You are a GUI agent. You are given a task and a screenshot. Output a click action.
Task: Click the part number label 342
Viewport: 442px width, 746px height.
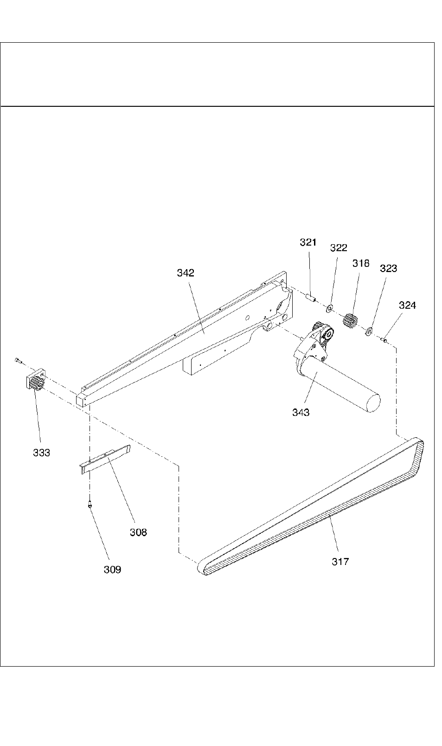pyautogui.click(x=185, y=273)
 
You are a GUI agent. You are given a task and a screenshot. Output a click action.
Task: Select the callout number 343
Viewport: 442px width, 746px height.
pyautogui.click(x=301, y=412)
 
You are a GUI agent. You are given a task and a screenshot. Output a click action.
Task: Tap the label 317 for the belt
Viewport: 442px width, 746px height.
pyautogui.click(x=340, y=561)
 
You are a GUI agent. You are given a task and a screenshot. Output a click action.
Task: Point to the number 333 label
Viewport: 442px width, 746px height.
pyautogui.click(x=41, y=453)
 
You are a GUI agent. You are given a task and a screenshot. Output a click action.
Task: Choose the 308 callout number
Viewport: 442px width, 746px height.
pyautogui.click(x=138, y=532)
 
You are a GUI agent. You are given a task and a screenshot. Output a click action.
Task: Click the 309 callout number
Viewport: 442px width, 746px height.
pyautogui.click(x=112, y=570)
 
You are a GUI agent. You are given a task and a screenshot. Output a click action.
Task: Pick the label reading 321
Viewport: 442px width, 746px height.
pyautogui.click(x=307, y=242)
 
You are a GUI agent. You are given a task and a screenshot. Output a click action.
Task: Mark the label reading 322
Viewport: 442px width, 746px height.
pyautogui.click(x=339, y=248)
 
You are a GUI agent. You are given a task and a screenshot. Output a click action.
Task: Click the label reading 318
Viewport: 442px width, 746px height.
pyautogui.click(x=360, y=263)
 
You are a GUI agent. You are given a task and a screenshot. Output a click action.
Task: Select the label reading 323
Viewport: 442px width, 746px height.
pyautogui.click(x=388, y=268)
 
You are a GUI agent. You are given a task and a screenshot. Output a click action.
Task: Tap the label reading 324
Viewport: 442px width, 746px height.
pyautogui.click(x=407, y=305)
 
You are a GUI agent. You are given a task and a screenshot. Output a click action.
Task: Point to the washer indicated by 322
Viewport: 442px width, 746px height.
pyautogui.click(x=330, y=307)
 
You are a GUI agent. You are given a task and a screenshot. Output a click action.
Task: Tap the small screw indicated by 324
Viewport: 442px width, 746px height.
pyautogui.click(x=384, y=340)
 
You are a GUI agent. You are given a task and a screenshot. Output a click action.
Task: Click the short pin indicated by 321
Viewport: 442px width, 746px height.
pyautogui.click(x=310, y=296)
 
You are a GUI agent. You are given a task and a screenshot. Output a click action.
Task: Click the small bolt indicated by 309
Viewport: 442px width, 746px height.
pyautogui.click(x=90, y=504)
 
